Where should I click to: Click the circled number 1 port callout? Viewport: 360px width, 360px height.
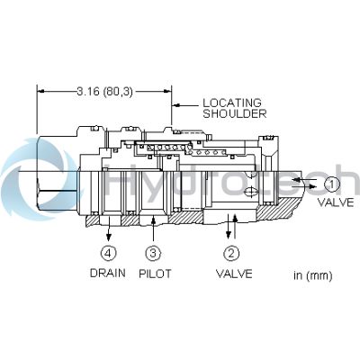[x=331, y=184]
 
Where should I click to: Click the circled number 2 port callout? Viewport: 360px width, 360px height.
[x=231, y=254]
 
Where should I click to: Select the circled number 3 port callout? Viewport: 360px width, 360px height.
[x=153, y=254]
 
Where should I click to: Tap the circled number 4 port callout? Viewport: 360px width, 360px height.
[x=108, y=254]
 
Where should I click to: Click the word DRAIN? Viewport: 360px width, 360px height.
[x=108, y=273]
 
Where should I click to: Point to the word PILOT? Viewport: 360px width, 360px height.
[x=155, y=274]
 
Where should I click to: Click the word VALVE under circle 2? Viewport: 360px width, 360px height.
[x=234, y=274]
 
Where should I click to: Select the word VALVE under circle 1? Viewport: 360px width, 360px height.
[x=336, y=202]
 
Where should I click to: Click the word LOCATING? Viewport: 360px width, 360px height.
[x=232, y=103]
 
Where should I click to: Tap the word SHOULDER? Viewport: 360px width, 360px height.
[x=235, y=113]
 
